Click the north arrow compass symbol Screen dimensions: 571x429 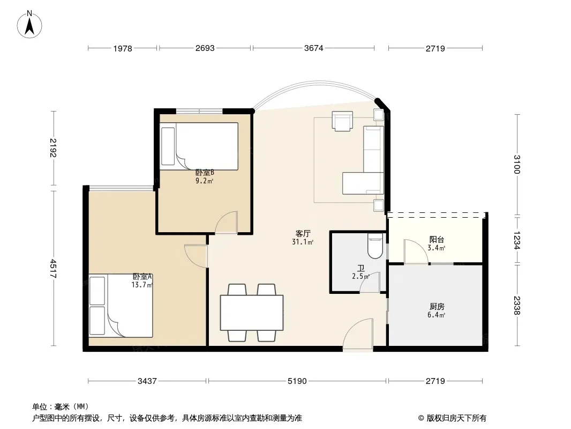[29, 25]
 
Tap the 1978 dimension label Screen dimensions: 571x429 [122, 48]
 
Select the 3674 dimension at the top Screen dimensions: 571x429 [313, 48]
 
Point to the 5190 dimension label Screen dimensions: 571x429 [297, 381]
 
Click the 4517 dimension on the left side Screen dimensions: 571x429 [53, 268]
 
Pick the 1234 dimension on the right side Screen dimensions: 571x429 [517, 240]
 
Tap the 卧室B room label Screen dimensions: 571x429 [204, 172]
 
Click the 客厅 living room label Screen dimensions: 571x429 [303, 233]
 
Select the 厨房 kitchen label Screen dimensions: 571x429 [436, 307]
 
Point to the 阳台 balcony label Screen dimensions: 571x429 [436, 240]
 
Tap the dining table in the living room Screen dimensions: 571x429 [252, 312]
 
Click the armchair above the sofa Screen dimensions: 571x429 [342, 121]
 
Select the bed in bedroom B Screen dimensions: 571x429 [199, 146]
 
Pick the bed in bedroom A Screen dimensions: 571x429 [121, 306]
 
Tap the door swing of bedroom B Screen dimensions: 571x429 [226, 222]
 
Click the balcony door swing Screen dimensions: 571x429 [416, 251]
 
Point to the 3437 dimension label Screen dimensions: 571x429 [147, 381]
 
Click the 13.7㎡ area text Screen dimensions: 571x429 [142, 285]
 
